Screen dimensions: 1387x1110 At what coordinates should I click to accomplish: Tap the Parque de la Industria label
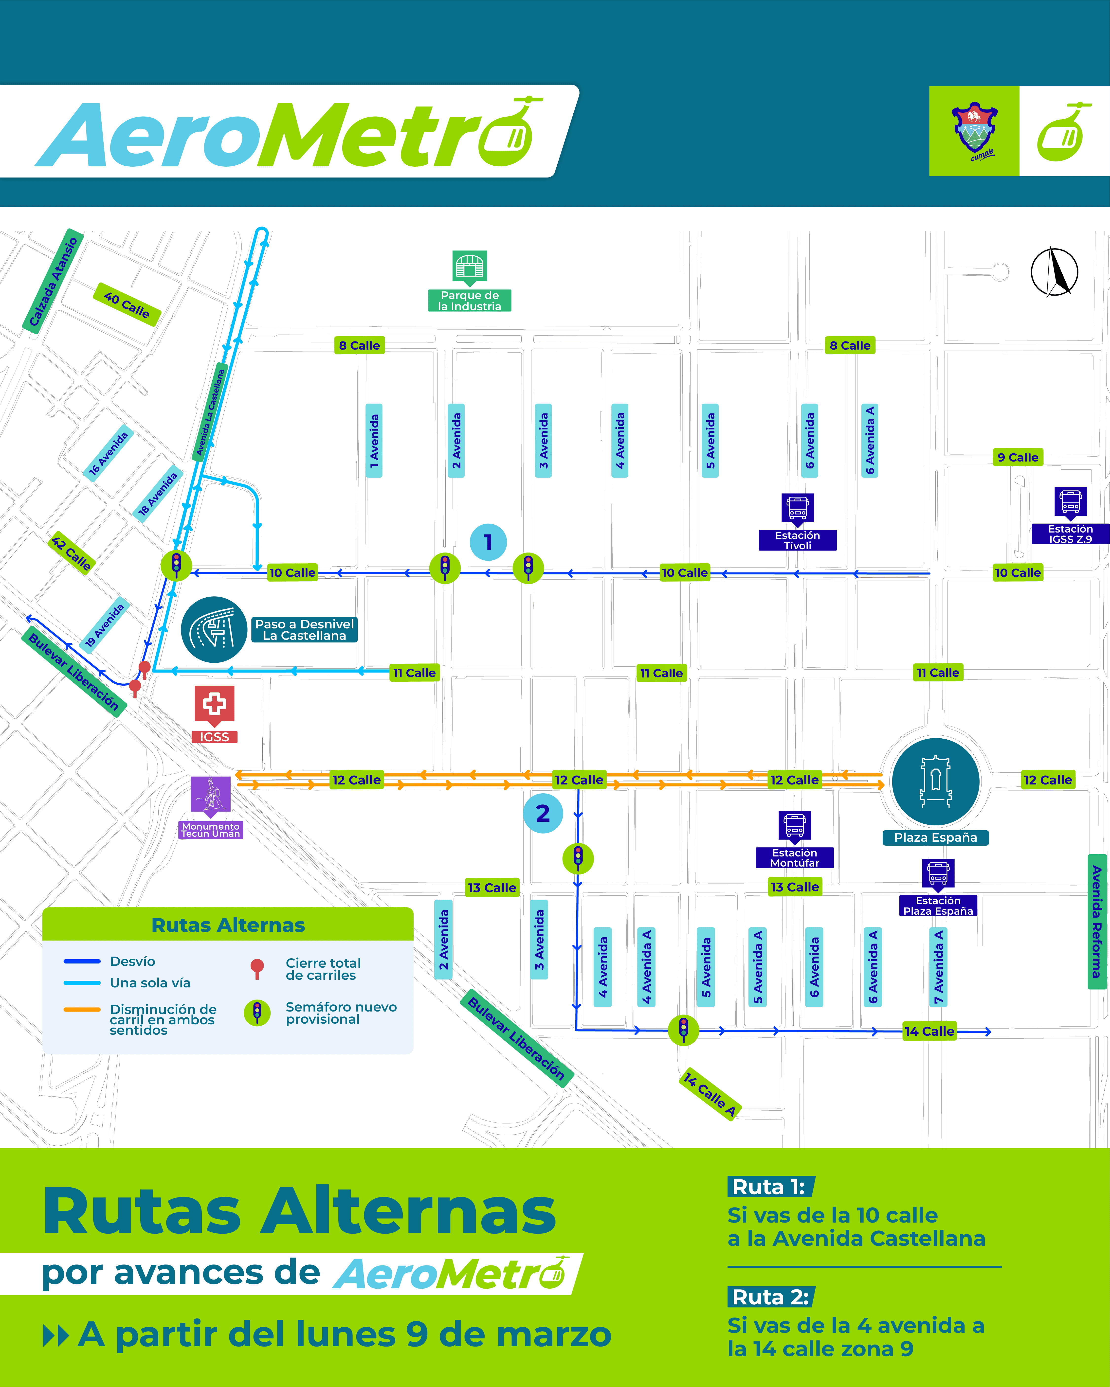tap(470, 301)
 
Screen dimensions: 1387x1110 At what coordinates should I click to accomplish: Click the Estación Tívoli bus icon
tap(797, 508)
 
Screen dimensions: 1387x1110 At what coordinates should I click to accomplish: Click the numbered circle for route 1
tap(488, 542)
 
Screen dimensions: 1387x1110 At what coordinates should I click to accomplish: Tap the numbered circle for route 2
tap(543, 814)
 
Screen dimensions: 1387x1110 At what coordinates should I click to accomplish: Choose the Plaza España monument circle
tap(936, 782)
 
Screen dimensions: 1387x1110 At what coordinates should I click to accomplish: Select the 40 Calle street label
tap(127, 304)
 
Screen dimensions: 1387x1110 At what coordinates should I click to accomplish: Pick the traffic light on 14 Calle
tap(683, 1030)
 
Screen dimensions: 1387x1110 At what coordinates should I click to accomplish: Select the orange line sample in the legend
tap(82, 1009)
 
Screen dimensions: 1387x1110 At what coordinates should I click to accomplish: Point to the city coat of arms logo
tap(974, 131)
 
